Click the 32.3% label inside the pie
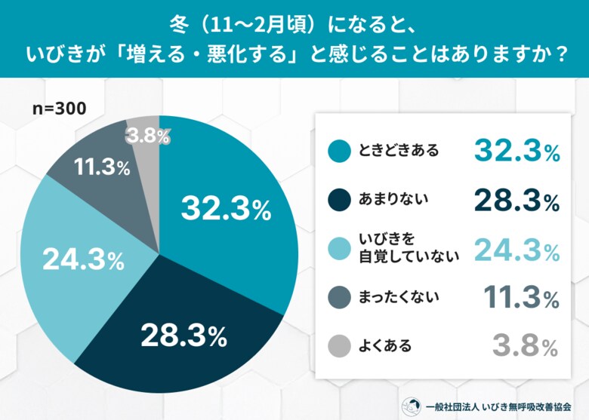[x=226, y=209]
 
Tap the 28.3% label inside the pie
[x=182, y=336]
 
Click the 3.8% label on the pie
[x=148, y=136]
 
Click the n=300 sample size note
[x=59, y=107]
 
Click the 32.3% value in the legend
[x=517, y=152]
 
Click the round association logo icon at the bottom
[x=411, y=405]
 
